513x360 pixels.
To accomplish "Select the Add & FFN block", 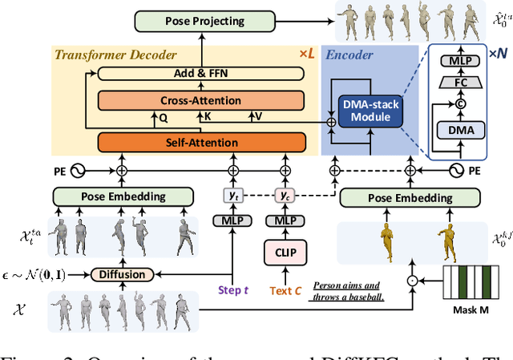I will pyautogui.click(x=200, y=74).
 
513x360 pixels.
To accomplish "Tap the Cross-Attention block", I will pyautogui.click(x=200, y=100).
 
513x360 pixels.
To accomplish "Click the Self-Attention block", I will pyautogui.click(x=201, y=143).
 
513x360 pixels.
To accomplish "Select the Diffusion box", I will pyautogui.click(x=123, y=274).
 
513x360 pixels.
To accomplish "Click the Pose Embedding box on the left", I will pyautogui.click(x=123, y=196).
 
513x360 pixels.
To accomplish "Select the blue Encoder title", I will pyautogui.click(x=349, y=55).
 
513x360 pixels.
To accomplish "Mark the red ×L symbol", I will pyautogui.click(x=306, y=54).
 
